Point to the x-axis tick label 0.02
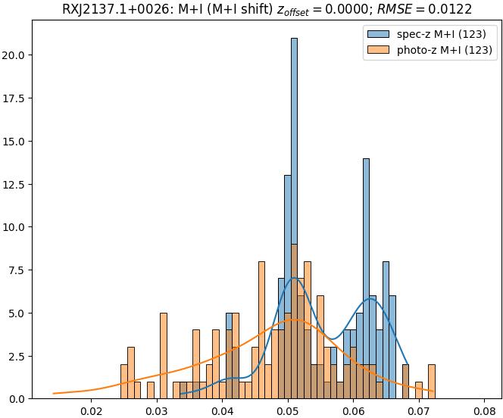tap(92, 411)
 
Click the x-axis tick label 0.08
tap(484, 411)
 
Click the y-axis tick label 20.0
tap(17, 55)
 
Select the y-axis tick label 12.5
tap(17, 184)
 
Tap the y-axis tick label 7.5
tap(19, 270)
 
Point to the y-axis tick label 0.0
tap(19, 399)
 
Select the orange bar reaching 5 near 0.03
tap(164, 355)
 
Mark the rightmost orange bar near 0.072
tap(432, 382)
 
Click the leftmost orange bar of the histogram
tap(124, 382)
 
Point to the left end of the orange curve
tap(53, 394)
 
